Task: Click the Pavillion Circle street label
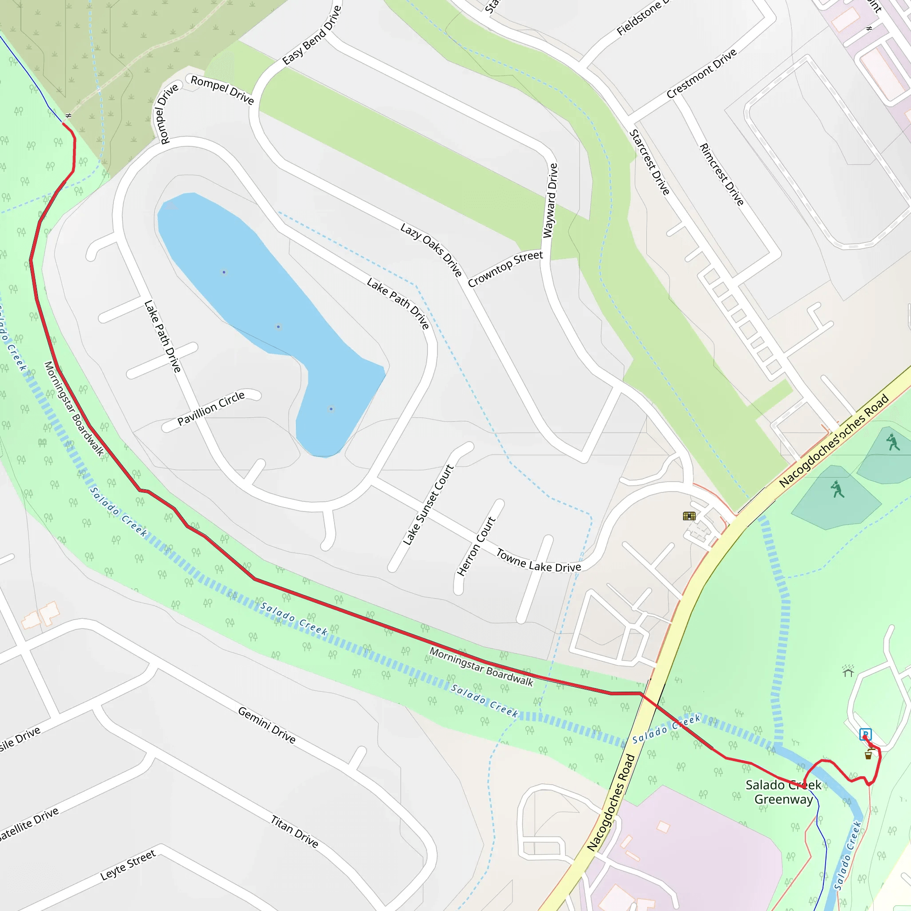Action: pyautogui.click(x=211, y=408)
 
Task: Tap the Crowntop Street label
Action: pyautogui.click(x=505, y=269)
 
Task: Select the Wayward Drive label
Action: pyautogui.click(x=550, y=201)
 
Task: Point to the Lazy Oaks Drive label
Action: pyautogui.click(x=431, y=250)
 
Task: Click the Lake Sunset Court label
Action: pyautogui.click(x=428, y=505)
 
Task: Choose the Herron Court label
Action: pyautogui.click(x=476, y=547)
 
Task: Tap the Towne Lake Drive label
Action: pyautogui.click(x=539, y=561)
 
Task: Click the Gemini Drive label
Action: pyautogui.click(x=267, y=725)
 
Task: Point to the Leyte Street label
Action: pyautogui.click(x=128, y=865)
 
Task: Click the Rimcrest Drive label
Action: pyautogui.click(x=722, y=174)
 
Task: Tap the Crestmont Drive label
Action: pyautogui.click(x=701, y=73)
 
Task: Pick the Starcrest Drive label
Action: pyautogui.click(x=649, y=162)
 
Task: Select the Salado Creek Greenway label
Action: pyautogui.click(x=783, y=792)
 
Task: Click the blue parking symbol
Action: pyautogui.click(x=865, y=734)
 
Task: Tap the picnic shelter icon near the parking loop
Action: pyautogui.click(x=848, y=671)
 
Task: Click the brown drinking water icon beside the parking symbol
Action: pyautogui.click(x=869, y=755)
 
